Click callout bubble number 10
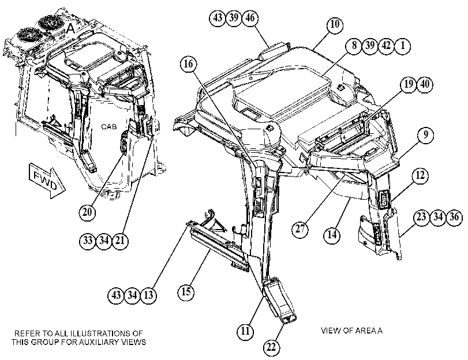pyautogui.click(x=335, y=24)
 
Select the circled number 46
pyautogui.click(x=250, y=18)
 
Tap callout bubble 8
pyautogui.click(x=354, y=46)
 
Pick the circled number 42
pyautogui.click(x=386, y=46)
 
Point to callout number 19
pyautogui.click(x=409, y=84)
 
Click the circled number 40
pyautogui.click(x=424, y=84)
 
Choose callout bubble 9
pyautogui.click(x=426, y=134)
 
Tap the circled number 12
pyautogui.click(x=420, y=175)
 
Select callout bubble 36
pyautogui.click(x=454, y=217)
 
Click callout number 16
pyautogui.click(x=189, y=64)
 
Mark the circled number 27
pyautogui.click(x=300, y=228)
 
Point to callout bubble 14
pyautogui.click(x=332, y=235)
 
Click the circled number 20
pyautogui.click(x=87, y=212)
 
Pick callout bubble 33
pyautogui.click(x=88, y=241)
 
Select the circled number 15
pyautogui.click(x=186, y=291)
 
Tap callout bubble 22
pyautogui.click(x=271, y=347)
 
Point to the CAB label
pyautogui.click(x=109, y=127)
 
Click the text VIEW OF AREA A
pyautogui.click(x=351, y=331)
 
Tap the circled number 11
pyautogui.click(x=245, y=331)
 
